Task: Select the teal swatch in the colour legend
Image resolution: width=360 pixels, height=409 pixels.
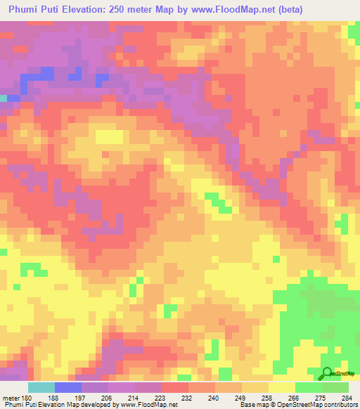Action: pyautogui.click(x=41, y=387)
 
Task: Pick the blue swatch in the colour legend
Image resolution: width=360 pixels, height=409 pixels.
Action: pyautogui.click(x=68, y=387)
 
